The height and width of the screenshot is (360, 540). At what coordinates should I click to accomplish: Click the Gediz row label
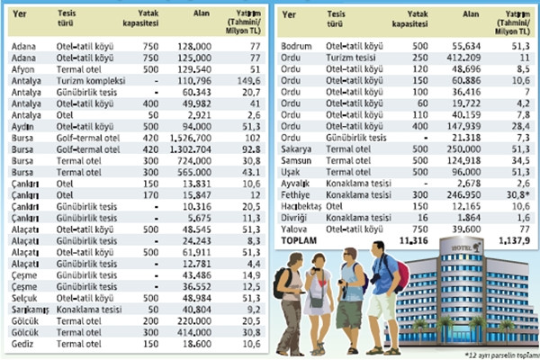[x=22, y=347]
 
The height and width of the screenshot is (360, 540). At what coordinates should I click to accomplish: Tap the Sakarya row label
[x=301, y=147]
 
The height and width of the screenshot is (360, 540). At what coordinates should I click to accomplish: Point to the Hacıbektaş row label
[x=306, y=206]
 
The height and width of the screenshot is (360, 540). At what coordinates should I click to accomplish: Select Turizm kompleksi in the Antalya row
[x=86, y=79]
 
